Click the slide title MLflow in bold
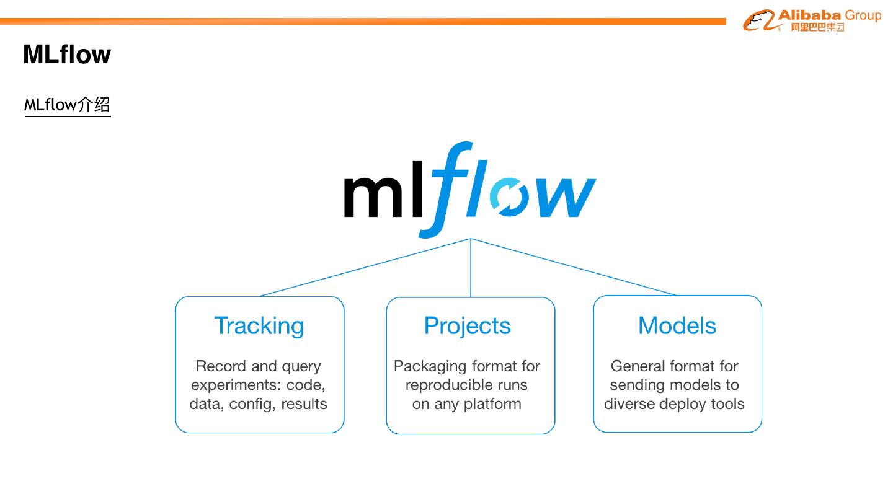pyautogui.click(x=67, y=55)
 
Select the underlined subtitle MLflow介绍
pyautogui.click(x=67, y=105)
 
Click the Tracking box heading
pyautogui.click(x=259, y=326)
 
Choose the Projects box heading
pyautogui.click(x=468, y=326)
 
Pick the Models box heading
pyautogui.click(x=677, y=326)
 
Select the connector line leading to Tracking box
pyautogui.click(x=366, y=267)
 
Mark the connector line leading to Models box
pyautogui.click(x=574, y=267)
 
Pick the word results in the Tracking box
pyautogui.click(x=304, y=404)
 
